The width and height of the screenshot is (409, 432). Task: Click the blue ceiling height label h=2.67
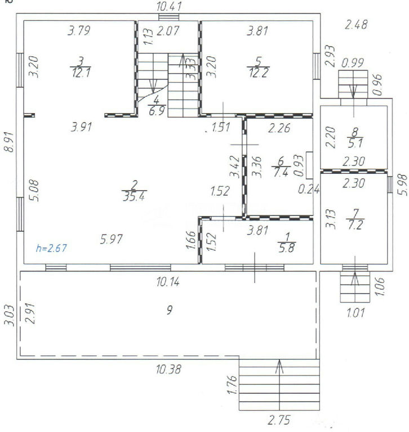[51, 248]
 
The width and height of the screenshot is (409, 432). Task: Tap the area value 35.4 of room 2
[134, 197]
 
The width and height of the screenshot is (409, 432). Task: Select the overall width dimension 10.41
[169, 6]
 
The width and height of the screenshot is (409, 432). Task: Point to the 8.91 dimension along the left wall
[9, 142]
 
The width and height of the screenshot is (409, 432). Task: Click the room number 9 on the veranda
[170, 310]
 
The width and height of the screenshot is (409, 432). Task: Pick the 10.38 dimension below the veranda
[168, 369]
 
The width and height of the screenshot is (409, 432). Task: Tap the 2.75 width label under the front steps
[279, 420]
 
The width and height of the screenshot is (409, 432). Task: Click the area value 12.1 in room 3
[81, 73]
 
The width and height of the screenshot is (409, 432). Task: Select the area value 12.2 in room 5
[259, 73]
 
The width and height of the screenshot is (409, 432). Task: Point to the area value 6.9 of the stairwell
[157, 111]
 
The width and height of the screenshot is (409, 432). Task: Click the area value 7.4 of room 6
[281, 173]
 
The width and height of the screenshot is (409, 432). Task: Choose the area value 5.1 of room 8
[355, 143]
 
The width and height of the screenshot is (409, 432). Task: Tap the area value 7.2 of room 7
[355, 225]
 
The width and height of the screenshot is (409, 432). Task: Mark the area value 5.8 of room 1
[287, 248]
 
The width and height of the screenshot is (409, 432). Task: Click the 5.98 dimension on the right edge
[403, 185]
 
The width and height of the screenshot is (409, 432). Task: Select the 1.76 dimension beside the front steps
[232, 385]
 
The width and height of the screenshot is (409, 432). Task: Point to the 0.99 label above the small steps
[353, 63]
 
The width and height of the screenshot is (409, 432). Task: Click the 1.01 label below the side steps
[355, 313]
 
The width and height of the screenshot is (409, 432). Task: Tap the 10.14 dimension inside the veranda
[168, 282]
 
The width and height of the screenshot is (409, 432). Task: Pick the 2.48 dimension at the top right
[356, 25]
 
